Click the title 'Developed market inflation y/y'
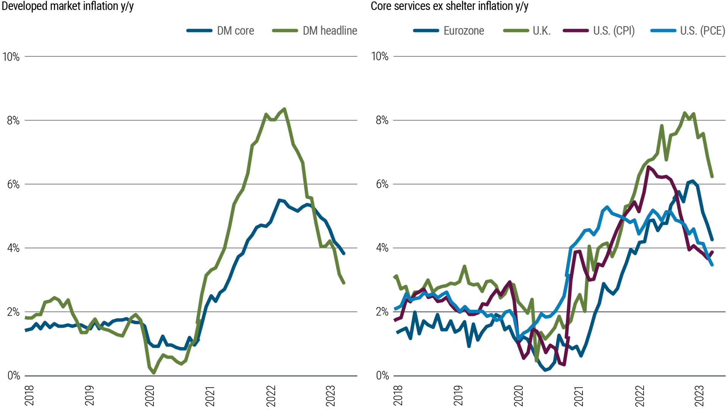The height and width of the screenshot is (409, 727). coord(67,6)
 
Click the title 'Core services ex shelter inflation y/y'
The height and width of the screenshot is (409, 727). coord(449,6)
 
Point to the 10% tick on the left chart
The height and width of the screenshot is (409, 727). coord(11,57)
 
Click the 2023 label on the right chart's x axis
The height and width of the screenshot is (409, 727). coord(699,396)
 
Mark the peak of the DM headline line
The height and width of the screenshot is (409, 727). coord(284,109)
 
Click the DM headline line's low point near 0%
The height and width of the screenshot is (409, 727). coord(154,373)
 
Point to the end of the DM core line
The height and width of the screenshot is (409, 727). coord(344,254)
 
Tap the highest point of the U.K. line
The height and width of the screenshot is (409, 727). coord(685,113)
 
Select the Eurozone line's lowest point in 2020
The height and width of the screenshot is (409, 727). coord(546,370)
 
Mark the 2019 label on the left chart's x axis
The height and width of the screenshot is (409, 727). coord(89,396)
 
